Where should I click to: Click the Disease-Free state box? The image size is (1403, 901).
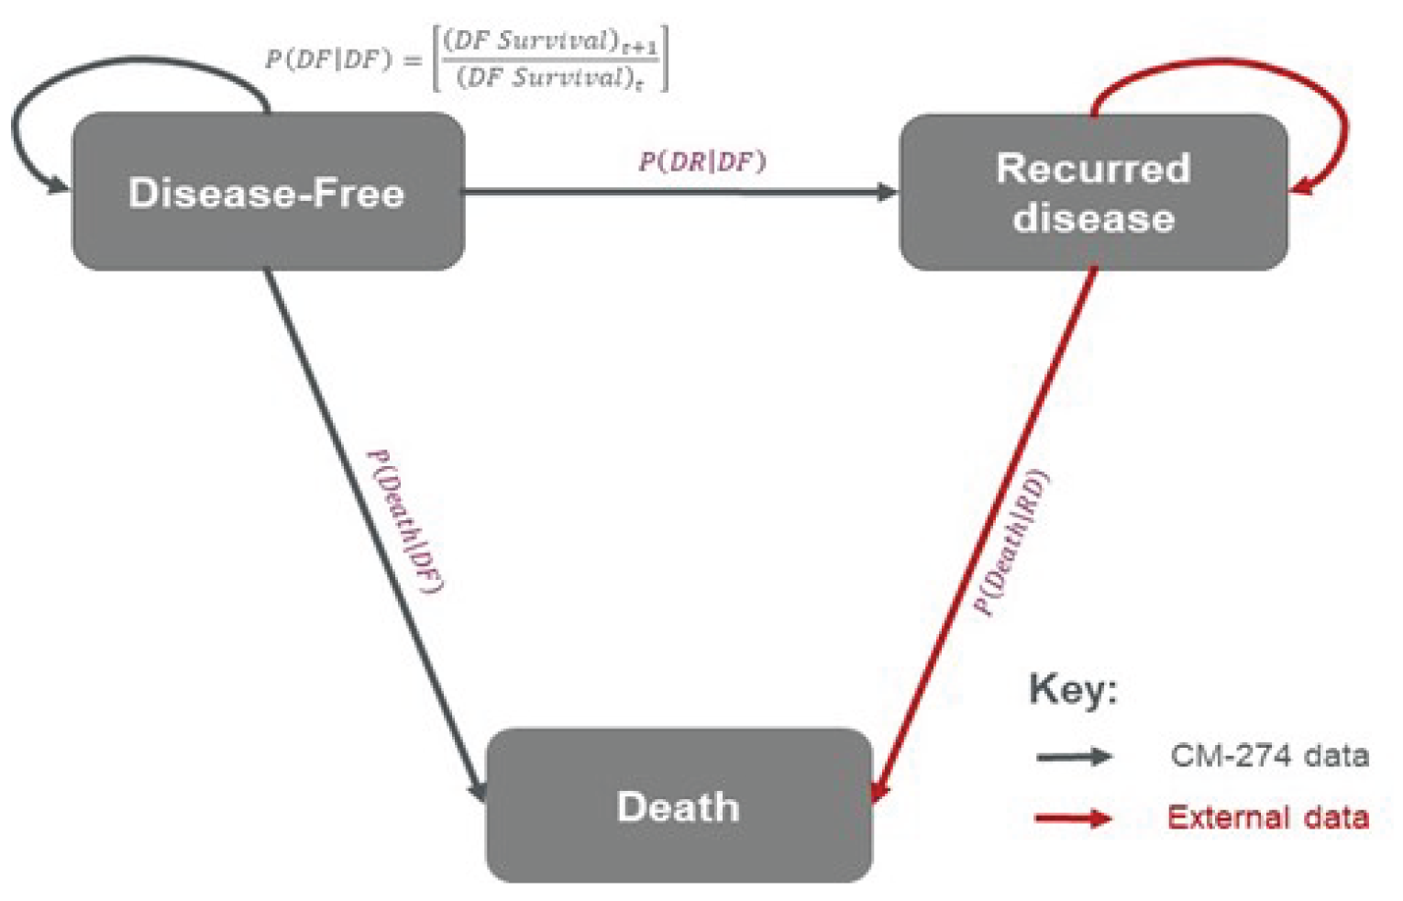[267, 192]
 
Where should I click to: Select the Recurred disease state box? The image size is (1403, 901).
[1093, 192]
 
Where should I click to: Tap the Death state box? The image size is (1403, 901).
[679, 806]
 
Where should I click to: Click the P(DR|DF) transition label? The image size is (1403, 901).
[702, 161]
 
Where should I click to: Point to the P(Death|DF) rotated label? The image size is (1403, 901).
[405, 520]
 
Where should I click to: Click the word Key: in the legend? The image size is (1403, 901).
[1074, 688]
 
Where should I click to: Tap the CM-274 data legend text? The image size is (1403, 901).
[1269, 756]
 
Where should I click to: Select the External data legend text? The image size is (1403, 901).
[1267, 817]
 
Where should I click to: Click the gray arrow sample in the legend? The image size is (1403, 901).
[1074, 757]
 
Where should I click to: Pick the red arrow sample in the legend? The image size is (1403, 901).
[1074, 818]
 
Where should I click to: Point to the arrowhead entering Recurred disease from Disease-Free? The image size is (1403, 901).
[888, 192]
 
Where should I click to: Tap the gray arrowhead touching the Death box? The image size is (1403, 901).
[478, 789]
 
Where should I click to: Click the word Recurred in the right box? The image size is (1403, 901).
[1093, 168]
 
